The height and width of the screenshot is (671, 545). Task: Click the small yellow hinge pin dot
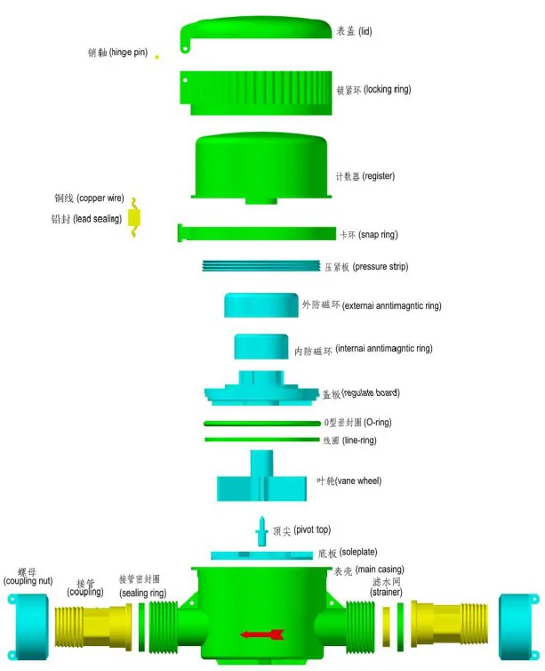(x=157, y=57)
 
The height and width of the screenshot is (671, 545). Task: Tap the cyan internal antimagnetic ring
(x=261, y=346)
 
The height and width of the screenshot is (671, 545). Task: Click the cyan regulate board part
(x=260, y=390)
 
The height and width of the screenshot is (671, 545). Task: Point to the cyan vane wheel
(x=261, y=481)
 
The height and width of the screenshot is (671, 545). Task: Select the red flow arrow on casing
(x=262, y=634)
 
